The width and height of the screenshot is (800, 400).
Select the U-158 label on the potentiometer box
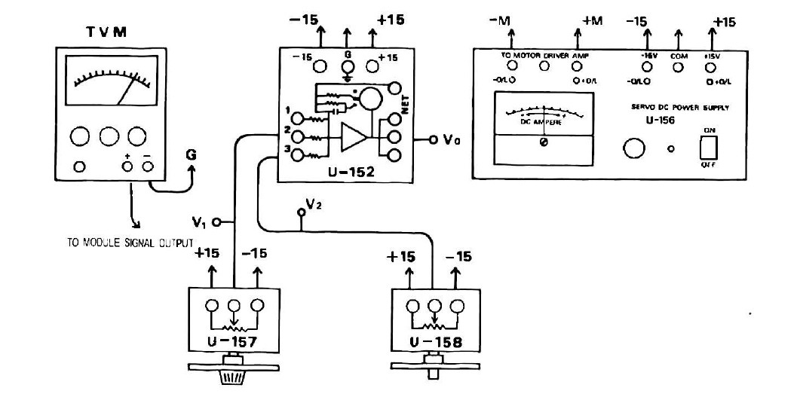[435, 343]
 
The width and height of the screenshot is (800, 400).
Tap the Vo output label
[452, 139]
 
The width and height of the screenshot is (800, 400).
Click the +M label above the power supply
[593, 21]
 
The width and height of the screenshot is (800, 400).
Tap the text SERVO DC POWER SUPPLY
[679, 108]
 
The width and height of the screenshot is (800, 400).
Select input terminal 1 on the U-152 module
[299, 118]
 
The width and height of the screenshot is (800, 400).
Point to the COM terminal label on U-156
[678, 56]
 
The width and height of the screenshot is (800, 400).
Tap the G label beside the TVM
[192, 154]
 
